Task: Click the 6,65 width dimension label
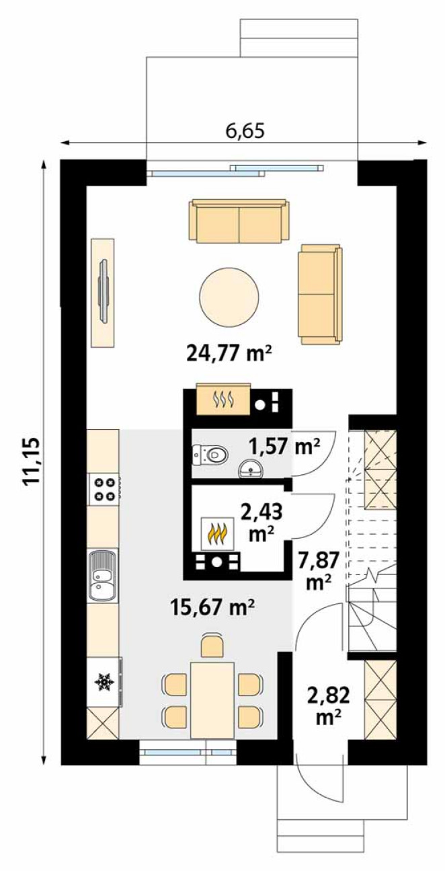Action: point(245,131)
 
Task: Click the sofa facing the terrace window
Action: point(239,221)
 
